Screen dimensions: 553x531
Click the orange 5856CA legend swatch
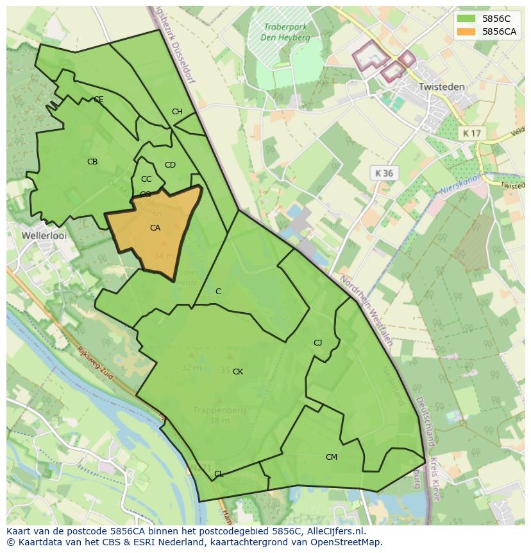[x=467, y=31]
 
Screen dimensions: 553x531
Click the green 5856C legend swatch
[x=467, y=19]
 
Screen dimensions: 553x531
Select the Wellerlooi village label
[x=44, y=235]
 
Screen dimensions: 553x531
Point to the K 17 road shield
[x=472, y=133]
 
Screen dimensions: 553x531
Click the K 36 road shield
[x=384, y=173]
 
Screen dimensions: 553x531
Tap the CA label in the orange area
[x=155, y=228]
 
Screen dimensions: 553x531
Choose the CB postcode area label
[x=92, y=162]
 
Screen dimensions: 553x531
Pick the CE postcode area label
[x=99, y=100]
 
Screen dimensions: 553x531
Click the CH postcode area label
[x=177, y=112]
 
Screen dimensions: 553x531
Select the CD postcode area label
[x=170, y=165]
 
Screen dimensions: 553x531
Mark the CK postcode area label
[x=238, y=372]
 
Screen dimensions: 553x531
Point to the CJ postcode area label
[x=317, y=342]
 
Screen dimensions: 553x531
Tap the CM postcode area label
[x=332, y=457]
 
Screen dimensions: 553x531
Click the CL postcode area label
[x=219, y=474]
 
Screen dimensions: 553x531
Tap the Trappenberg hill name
[x=219, y=410]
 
